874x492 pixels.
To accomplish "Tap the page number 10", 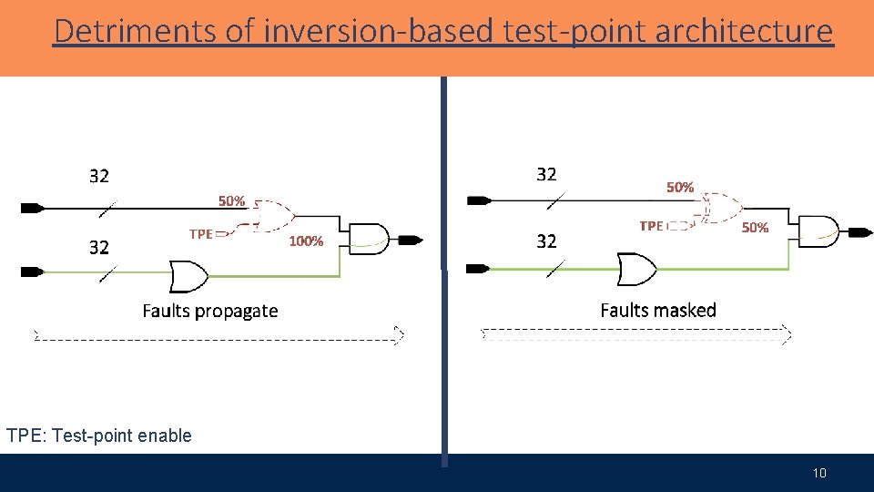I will click(x=819, y=473).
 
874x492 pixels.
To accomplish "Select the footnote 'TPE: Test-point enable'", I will click(x=99, y=436).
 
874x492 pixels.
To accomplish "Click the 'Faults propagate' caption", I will click(x=210, y=311).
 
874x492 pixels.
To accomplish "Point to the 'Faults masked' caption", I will click(x=658, y=310).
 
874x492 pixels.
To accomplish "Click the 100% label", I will click(x=306, y=241).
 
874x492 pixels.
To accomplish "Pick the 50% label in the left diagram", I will click(x=231, y=200).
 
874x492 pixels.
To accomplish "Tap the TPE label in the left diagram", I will click(x=200, y=234).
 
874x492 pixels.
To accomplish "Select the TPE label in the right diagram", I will click(x=651, y=226).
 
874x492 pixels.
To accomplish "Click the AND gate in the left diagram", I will click(x=369, y=239).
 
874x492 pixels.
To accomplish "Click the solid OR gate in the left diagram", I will click(x=188, y=273).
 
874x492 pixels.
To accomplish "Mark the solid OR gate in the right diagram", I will click(x=635, y=269).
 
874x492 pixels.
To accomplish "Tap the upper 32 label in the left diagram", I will click(x=99, y=176).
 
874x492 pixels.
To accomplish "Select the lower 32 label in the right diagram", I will click(x=546, y=241).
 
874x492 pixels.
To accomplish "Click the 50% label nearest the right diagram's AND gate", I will click(x=755, y=227).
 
